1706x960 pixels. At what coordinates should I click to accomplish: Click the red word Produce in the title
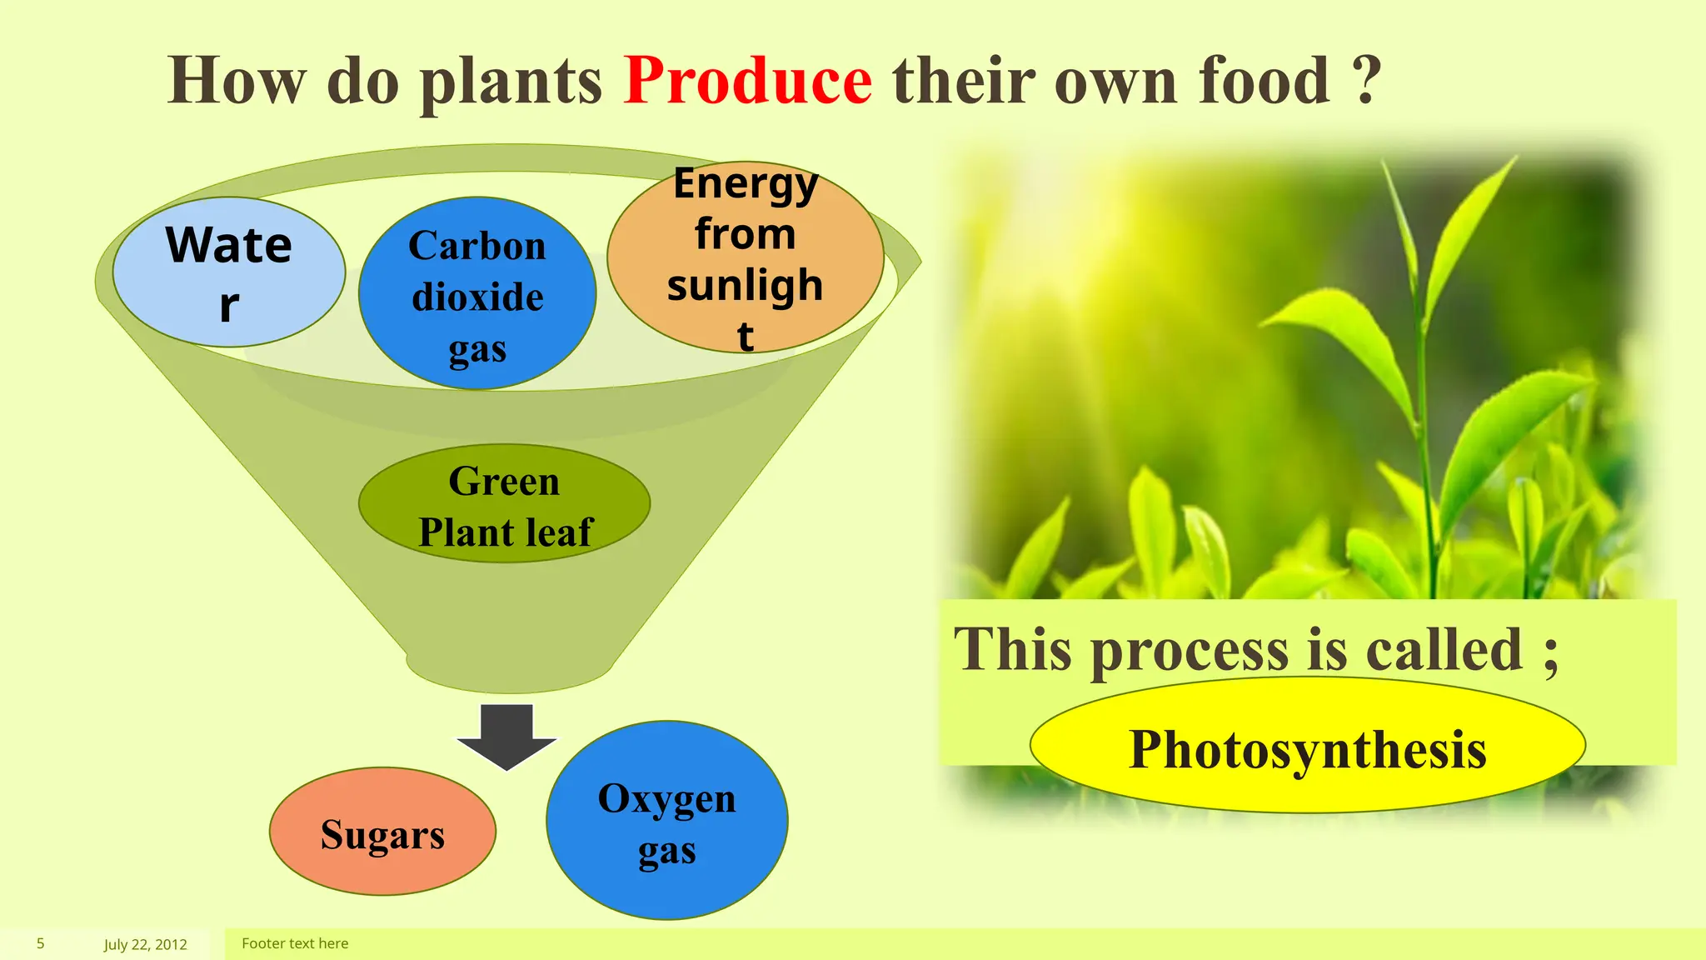tap(747, 81)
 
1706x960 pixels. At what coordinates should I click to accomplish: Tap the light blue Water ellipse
tap(229, 272)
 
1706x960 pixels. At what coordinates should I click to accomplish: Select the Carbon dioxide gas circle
tap(477, 293)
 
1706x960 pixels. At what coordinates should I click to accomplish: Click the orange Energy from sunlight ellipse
tap(746, 257)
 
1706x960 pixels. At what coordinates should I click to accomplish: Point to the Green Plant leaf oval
tap(504, 504)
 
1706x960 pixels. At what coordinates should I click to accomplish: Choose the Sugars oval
tap(382, 832)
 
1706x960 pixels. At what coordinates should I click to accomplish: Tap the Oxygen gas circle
tap(666, 821)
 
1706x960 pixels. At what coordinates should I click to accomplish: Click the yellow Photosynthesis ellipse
tap(1307, 747)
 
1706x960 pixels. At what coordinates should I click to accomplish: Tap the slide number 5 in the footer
tap(40, 943)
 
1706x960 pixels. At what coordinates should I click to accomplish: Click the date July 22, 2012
tap(145, 944)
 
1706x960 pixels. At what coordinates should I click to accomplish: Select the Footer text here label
tap(295, 943)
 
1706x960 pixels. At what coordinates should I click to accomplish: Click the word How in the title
tap(237, 81)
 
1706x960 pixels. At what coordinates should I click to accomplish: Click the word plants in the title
tap(510, 82)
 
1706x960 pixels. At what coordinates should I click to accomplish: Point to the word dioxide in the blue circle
tap(477, 297)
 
